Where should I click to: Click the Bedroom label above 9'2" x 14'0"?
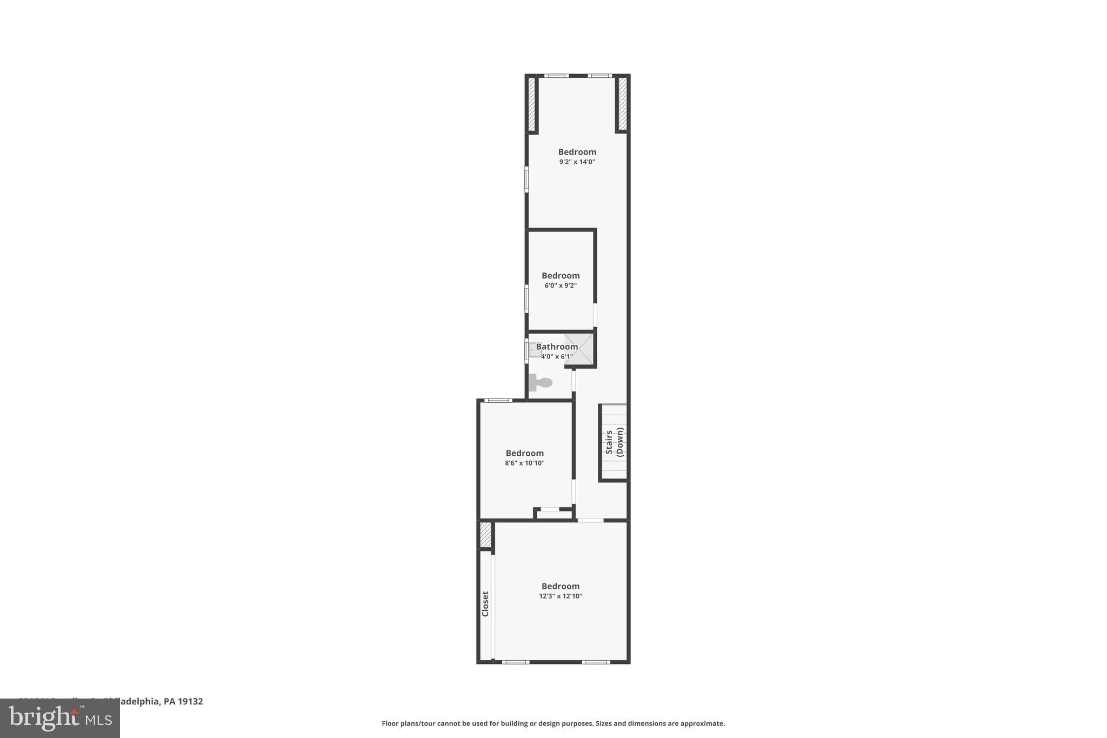coord(577,152)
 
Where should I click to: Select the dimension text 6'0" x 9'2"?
coord(561,285)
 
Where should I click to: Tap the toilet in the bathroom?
coord(540,382)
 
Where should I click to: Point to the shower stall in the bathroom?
coord(580,349)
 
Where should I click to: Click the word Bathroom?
coord(556,347)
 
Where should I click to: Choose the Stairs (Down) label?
coord(615,442)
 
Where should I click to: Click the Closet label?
coord(485,603)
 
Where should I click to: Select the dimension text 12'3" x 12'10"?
coord(561,596)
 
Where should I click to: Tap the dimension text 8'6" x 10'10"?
coord(524,463)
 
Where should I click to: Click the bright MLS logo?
coord(60,718)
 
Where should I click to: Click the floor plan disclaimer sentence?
coord(553,723)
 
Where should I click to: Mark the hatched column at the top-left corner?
coord(531,104)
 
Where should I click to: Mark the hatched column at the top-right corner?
coord(622,104)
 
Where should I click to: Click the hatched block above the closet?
coord(485,534)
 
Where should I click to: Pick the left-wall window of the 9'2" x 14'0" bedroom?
coord(526,179)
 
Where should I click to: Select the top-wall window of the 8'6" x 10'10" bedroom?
coord(498,401)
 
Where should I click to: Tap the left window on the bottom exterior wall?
coord(515,662)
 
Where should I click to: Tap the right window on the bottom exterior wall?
coord(596,662)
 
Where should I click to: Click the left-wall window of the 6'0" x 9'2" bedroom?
coord(526,299)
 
